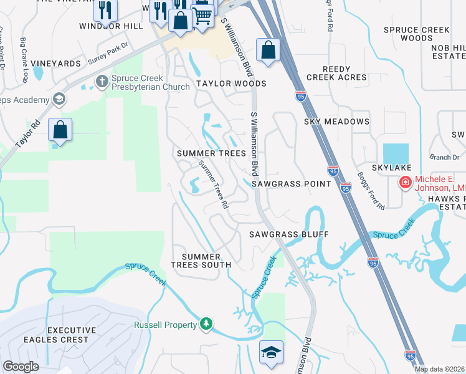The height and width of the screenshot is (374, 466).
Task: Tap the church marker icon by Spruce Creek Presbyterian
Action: (x=102, y=81)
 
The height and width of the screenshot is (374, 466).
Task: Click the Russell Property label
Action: (x=165, y=325)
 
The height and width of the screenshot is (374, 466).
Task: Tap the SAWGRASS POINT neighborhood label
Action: (x=291, y=184)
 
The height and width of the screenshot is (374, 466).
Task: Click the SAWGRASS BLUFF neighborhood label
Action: (x=288, y=234)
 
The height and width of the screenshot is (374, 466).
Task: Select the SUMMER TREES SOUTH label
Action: (x=206, y=261)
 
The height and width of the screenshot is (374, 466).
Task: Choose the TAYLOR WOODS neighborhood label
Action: (x=231, y=84)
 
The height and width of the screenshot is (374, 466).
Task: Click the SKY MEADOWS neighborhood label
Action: (x=336, y=122)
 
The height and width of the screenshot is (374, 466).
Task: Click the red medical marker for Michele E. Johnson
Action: (x=405, y=182)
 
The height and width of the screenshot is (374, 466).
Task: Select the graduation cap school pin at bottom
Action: (x=271, y=352)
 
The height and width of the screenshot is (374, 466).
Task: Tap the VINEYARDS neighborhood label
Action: (x=55, y=64)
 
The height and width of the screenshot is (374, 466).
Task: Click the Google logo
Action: (x=21, y=367)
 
